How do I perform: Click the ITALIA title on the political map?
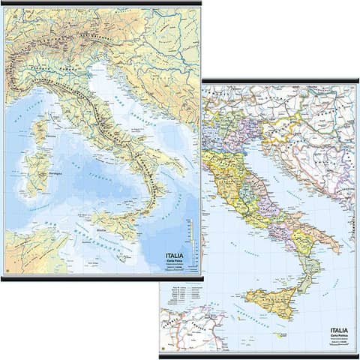click(340, 330)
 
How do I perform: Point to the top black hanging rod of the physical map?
click(101, 4)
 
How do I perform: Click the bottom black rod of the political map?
click(259, 355)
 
